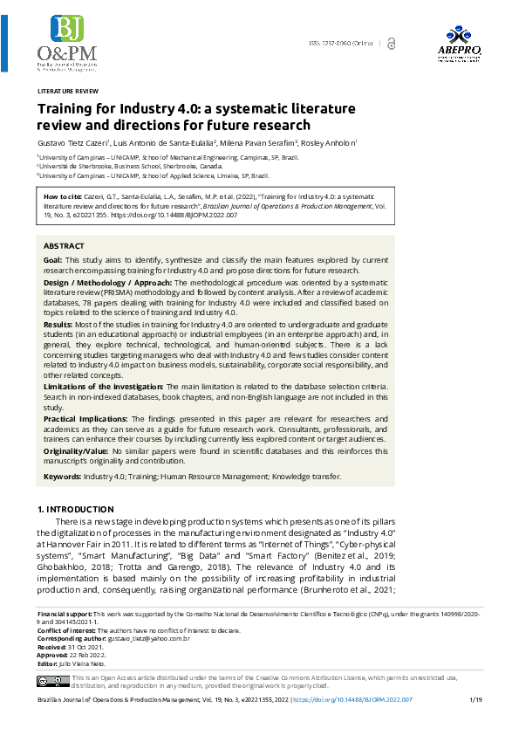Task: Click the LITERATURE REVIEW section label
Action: [x=67, y=91]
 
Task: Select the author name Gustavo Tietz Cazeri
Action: [x=72, y=141]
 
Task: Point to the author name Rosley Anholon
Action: [x=329, y=141]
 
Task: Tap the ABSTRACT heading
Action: [x=64, y=247]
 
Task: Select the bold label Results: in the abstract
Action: [x=58, y=323]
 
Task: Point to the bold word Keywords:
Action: [x=62, y=476]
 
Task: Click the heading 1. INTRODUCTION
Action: [x=76, y=509]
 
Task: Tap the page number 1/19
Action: [x=475, y=700]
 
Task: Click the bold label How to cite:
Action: [x=64, y=197]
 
